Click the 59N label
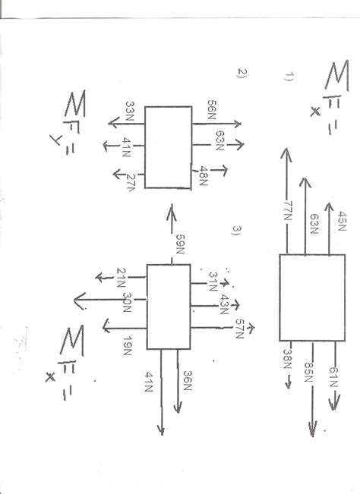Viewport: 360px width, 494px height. point(180,245)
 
